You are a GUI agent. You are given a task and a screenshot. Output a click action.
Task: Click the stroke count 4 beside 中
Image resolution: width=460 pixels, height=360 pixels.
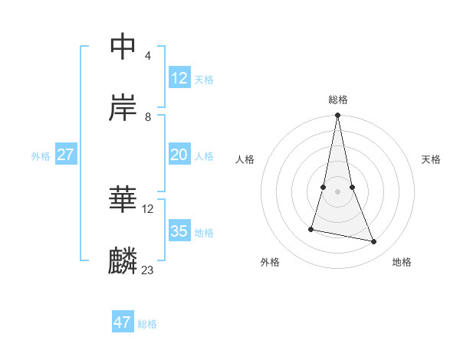(147, 56)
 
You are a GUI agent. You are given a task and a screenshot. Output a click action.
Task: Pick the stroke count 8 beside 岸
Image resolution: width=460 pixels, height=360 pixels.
(147, 117)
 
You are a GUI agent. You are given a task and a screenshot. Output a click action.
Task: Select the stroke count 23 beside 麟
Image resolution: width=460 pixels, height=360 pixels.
(147, 270)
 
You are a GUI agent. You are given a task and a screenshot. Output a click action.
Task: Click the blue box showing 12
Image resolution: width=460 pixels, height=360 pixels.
(179, 78)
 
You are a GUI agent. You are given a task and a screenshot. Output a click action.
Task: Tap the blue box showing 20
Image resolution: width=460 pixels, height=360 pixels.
(179, 155)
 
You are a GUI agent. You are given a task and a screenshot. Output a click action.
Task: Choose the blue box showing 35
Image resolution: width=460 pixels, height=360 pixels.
(179, 231)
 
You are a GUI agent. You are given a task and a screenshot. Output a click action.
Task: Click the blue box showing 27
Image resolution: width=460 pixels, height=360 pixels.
(65, 155)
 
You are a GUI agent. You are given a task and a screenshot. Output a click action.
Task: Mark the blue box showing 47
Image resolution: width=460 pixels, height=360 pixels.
(123, 322)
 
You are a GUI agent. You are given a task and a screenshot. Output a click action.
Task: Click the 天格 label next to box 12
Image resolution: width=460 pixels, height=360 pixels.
(204, 80)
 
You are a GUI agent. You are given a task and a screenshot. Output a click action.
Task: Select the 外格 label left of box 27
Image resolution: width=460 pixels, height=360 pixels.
(41, 156)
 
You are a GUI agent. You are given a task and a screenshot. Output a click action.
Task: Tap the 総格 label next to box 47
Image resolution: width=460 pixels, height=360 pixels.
(147, 324)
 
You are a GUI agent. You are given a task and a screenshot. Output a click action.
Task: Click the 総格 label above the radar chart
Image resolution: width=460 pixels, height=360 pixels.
(338, 100)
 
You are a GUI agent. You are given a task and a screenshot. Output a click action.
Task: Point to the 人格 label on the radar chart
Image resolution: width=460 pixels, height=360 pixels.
(245, 159)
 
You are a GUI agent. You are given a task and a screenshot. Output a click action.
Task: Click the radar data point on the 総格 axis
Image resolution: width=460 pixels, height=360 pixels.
(338, 116)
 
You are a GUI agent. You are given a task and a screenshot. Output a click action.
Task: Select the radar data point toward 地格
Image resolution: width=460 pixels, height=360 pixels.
(374, 242)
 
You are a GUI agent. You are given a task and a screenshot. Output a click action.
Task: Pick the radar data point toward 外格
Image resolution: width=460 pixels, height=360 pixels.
(311, 229)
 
